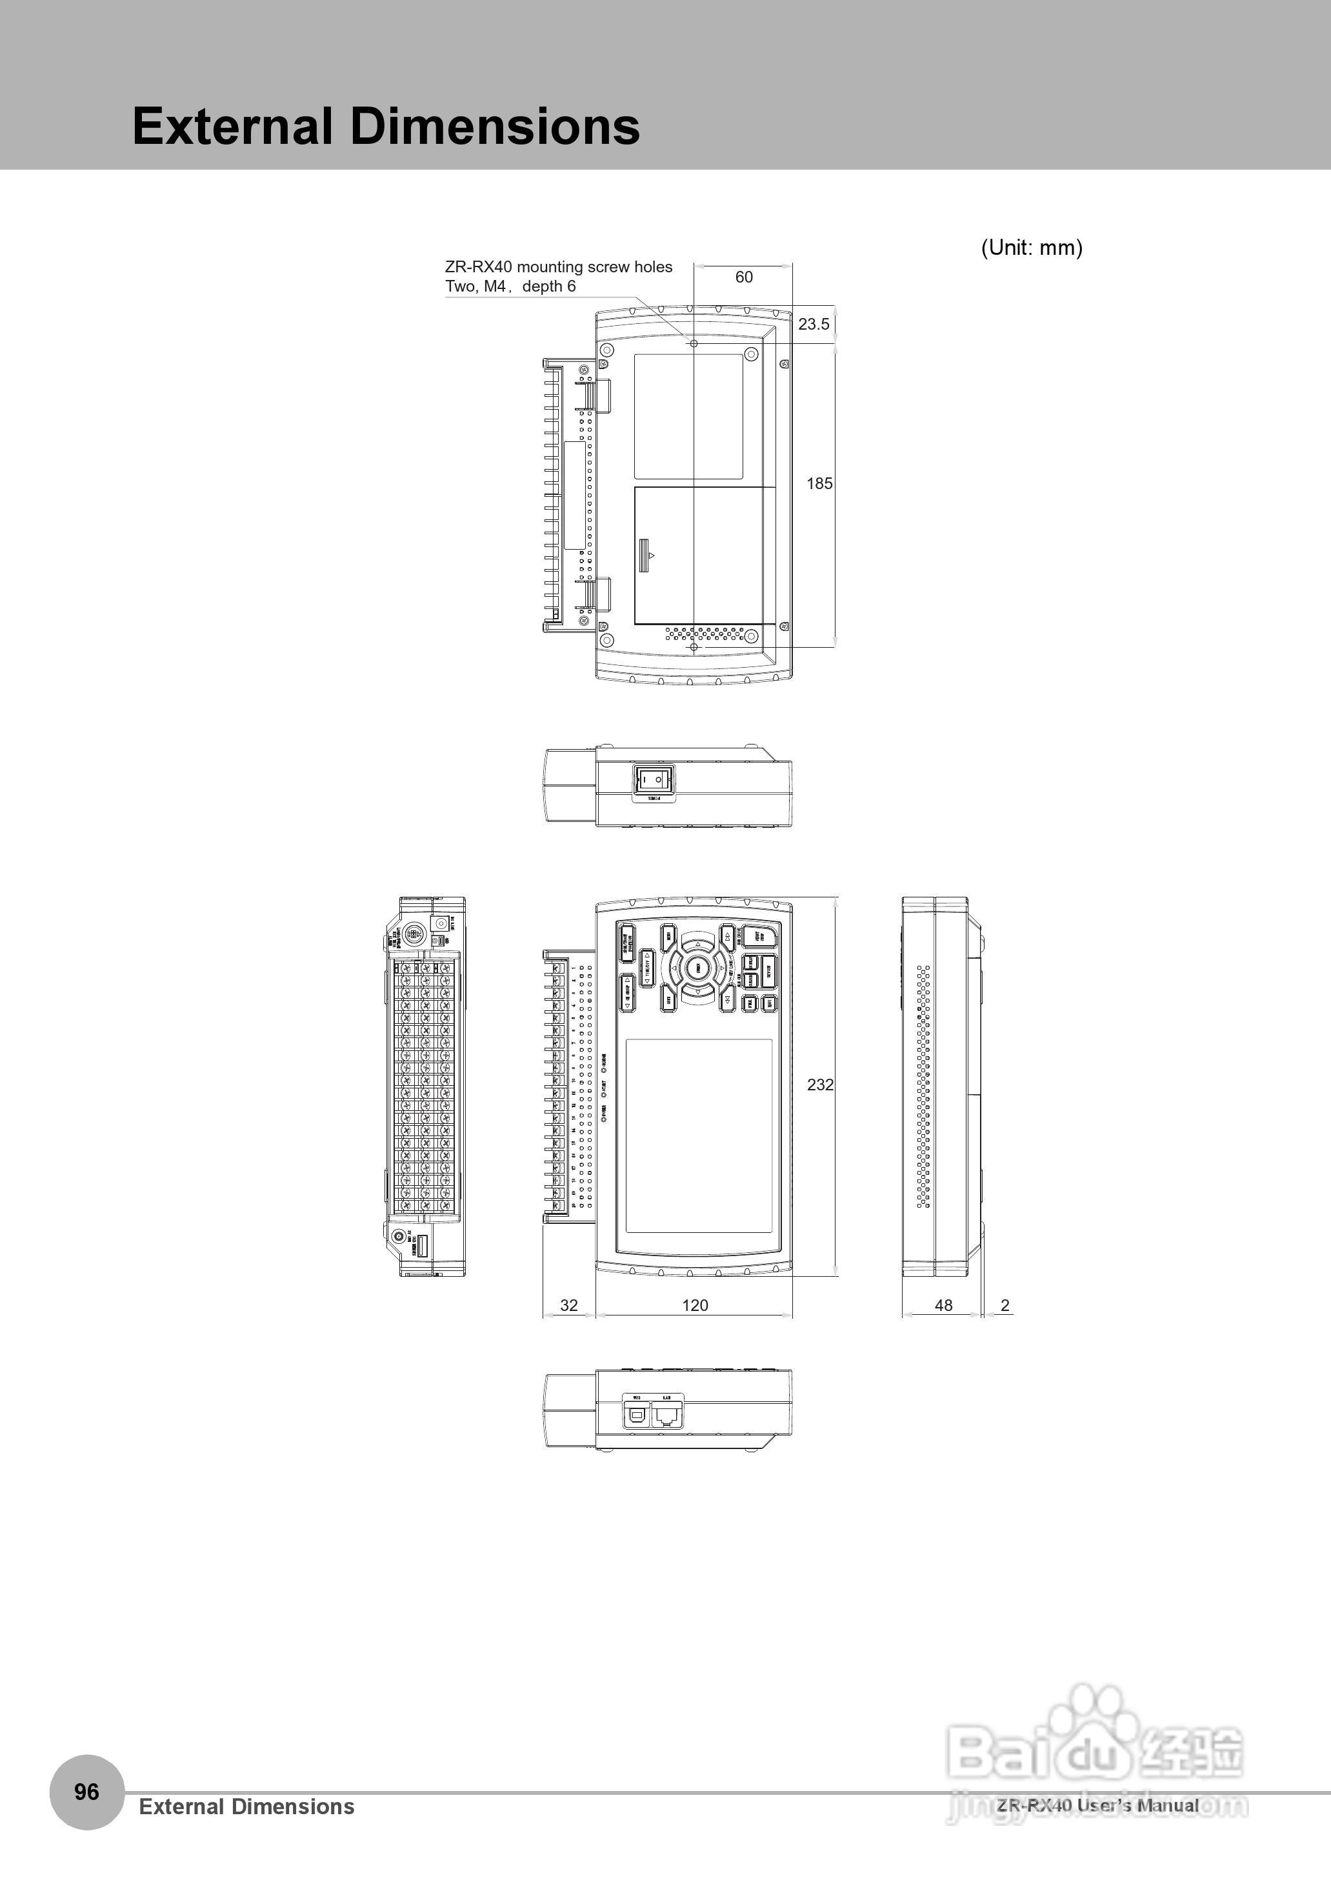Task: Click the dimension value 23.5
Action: [x=813, y=325]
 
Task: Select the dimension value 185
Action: [x=819, y=483]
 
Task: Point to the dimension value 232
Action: [x=819, y=1085]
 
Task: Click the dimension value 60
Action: [x=743, y=277]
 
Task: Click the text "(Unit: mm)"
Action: [x=1031, y=248]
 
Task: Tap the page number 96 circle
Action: [x=87, y=1792]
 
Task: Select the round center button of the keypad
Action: [x=697, y=968]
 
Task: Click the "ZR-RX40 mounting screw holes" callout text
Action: [x=558, y=267]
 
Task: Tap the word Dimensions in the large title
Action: [x=495, y=126]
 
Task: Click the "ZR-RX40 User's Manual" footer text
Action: [x=1097, y=1805]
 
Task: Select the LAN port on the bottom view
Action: [x=667, y=1414]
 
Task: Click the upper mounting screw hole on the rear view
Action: [x=694, y=343]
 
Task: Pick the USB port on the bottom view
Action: [x=637, y=1414]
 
